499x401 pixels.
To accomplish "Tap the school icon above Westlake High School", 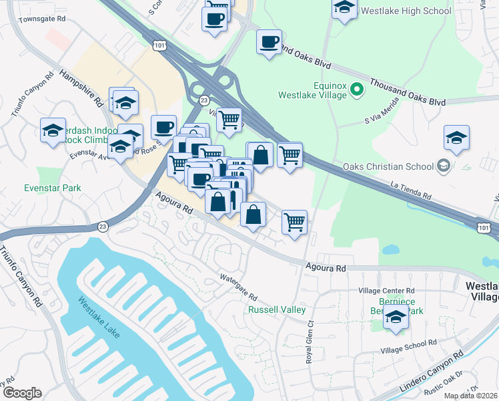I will tap(344, 9).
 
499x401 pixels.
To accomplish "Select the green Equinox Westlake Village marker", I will tap(357, 89).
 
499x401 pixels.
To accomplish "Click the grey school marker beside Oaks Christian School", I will tap(442, 166).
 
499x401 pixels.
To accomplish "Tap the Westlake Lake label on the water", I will tap(98, 317).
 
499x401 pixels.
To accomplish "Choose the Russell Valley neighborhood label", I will tap(277, 309).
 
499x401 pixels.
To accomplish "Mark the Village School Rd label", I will tap(408, 346).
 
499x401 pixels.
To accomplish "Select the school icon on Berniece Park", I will tap(396, 318).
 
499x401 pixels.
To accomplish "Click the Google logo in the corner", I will tap(21, 393).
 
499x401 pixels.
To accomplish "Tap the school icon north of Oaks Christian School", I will tap(456, 137).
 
